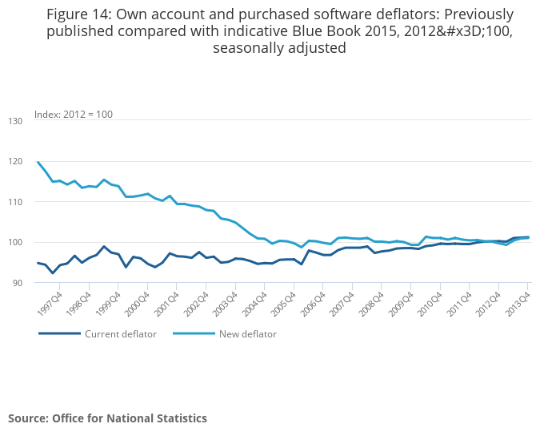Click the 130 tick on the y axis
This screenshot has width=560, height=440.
pos(16,120)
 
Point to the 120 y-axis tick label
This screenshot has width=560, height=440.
pos(16,161)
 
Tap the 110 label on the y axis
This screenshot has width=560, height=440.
pos(16,202)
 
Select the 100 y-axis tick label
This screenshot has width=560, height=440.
pos(16,243)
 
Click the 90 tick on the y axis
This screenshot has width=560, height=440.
pos(18,283)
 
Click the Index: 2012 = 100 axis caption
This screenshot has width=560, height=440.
pos(74,115)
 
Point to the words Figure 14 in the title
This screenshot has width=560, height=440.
pos(79,14)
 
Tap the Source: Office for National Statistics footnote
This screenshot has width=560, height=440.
pos(107,418)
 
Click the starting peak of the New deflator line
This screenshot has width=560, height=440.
pos(38,162)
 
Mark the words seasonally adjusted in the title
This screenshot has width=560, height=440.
pos(279,48)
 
